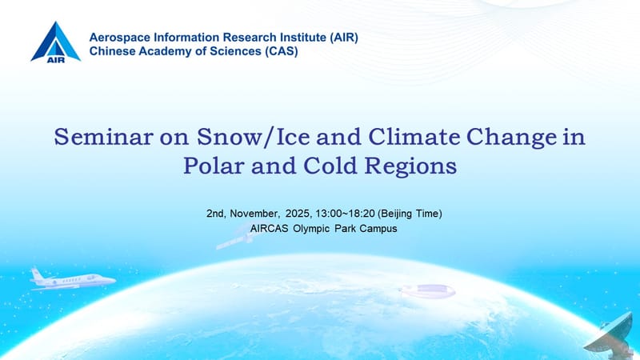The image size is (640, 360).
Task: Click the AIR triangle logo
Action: [55, 42]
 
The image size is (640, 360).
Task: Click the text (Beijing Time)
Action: [414, 214]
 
